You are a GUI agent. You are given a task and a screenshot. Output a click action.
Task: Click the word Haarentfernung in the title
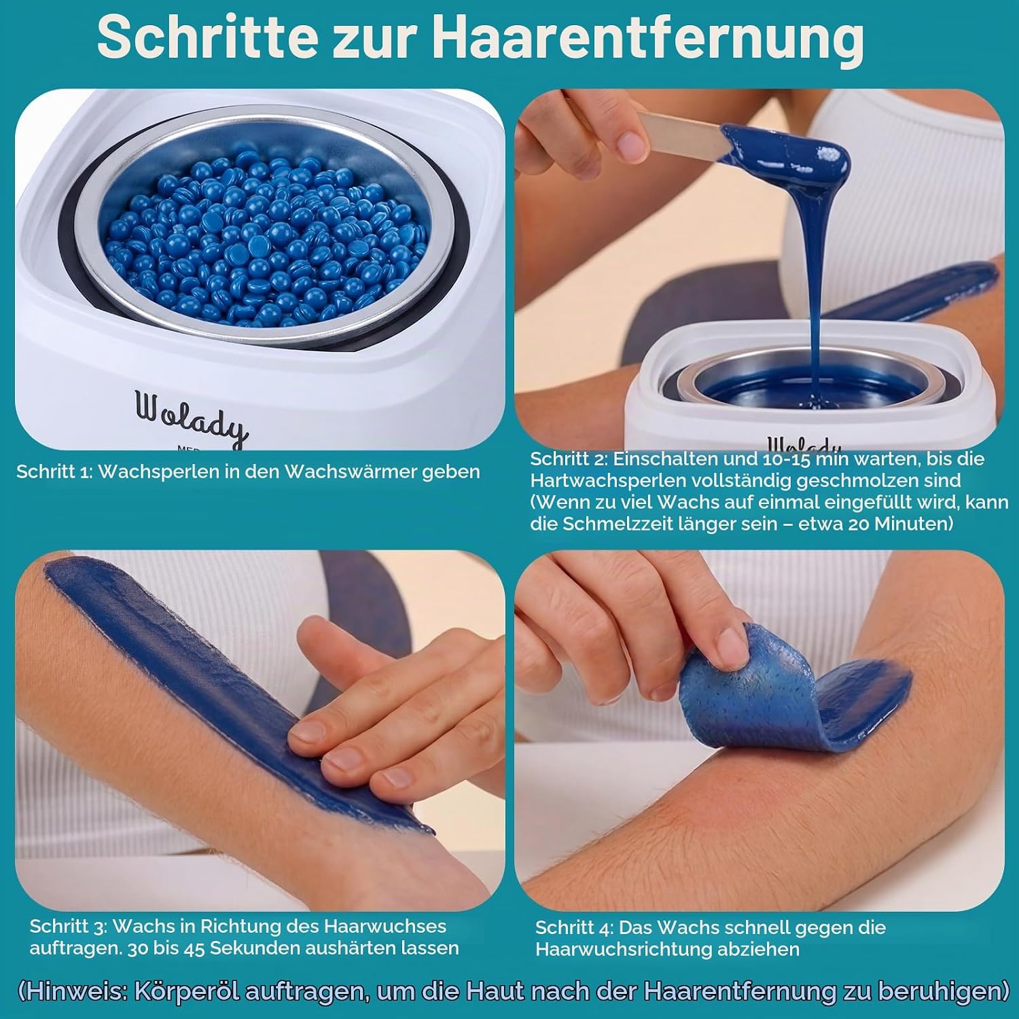point(648,39)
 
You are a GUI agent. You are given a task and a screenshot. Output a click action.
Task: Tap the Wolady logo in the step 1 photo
point(191,416)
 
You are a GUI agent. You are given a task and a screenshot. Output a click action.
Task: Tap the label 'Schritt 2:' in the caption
point(569,459)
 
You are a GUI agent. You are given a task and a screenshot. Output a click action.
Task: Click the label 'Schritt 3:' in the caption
point(69,926)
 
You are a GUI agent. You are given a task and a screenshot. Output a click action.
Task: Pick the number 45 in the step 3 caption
point(194,948)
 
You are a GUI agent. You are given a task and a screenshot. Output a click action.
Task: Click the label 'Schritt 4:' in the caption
point(574,927)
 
